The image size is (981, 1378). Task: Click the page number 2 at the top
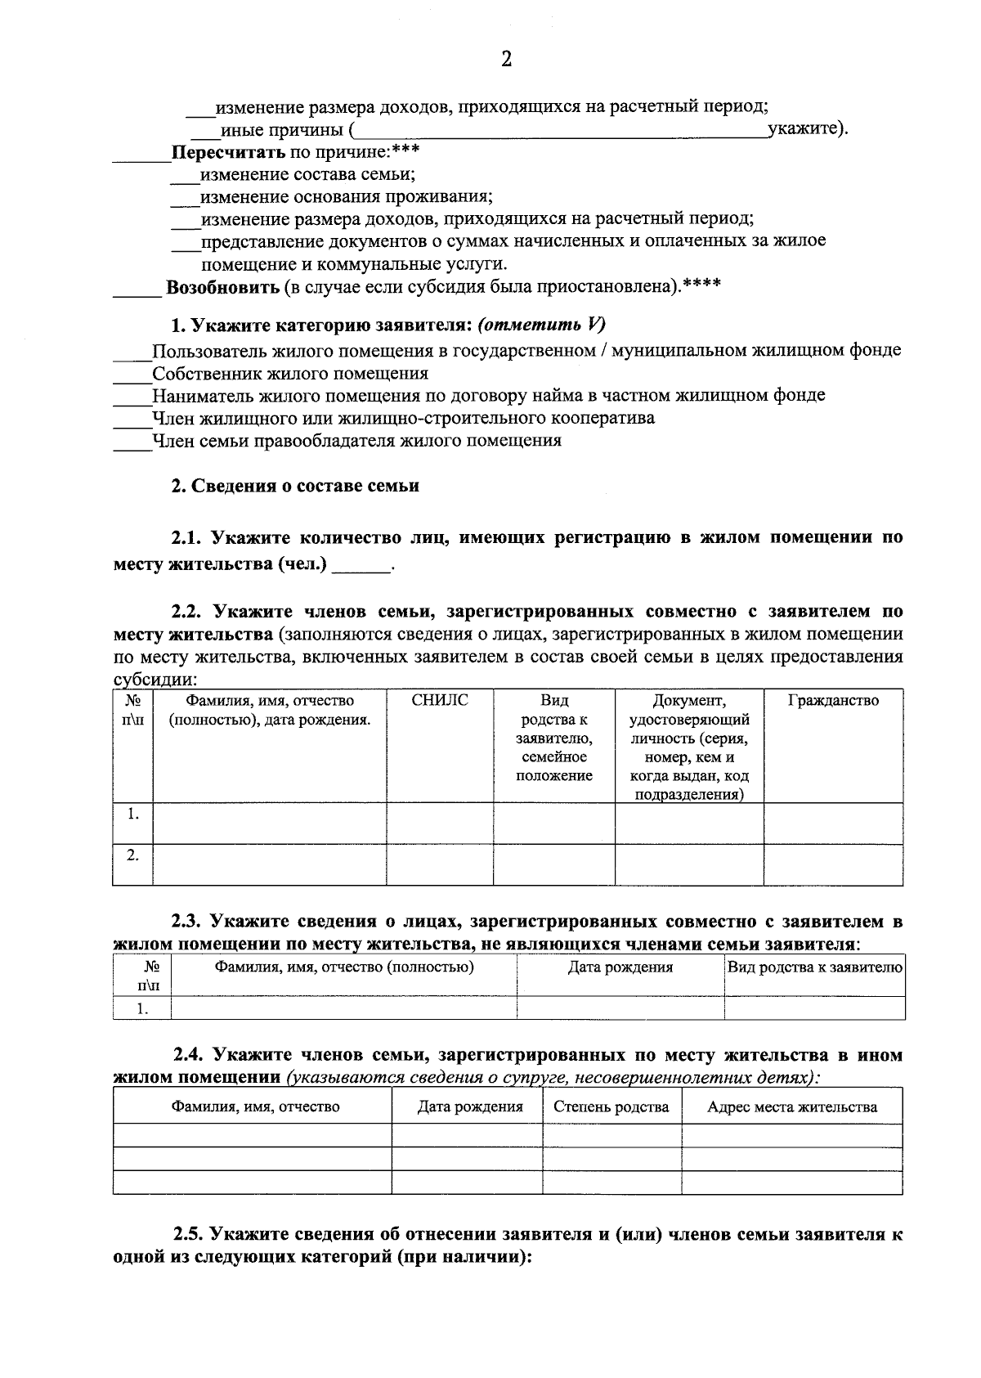(506, 60)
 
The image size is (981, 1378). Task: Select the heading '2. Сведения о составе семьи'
(295, 486)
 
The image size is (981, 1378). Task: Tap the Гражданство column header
(833, 701)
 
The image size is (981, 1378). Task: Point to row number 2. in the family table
(132, 855)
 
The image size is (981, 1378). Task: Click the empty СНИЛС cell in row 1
(440, 823)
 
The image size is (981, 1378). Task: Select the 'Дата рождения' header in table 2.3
(620, 967)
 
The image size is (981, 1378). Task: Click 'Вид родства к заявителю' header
(815, 967)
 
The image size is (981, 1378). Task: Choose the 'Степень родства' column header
(611, 1107)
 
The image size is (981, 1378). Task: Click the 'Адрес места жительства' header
(792, 1107)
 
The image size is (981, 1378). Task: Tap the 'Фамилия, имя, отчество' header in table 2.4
(255, 1107)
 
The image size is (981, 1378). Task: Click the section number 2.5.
(189, 1235)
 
